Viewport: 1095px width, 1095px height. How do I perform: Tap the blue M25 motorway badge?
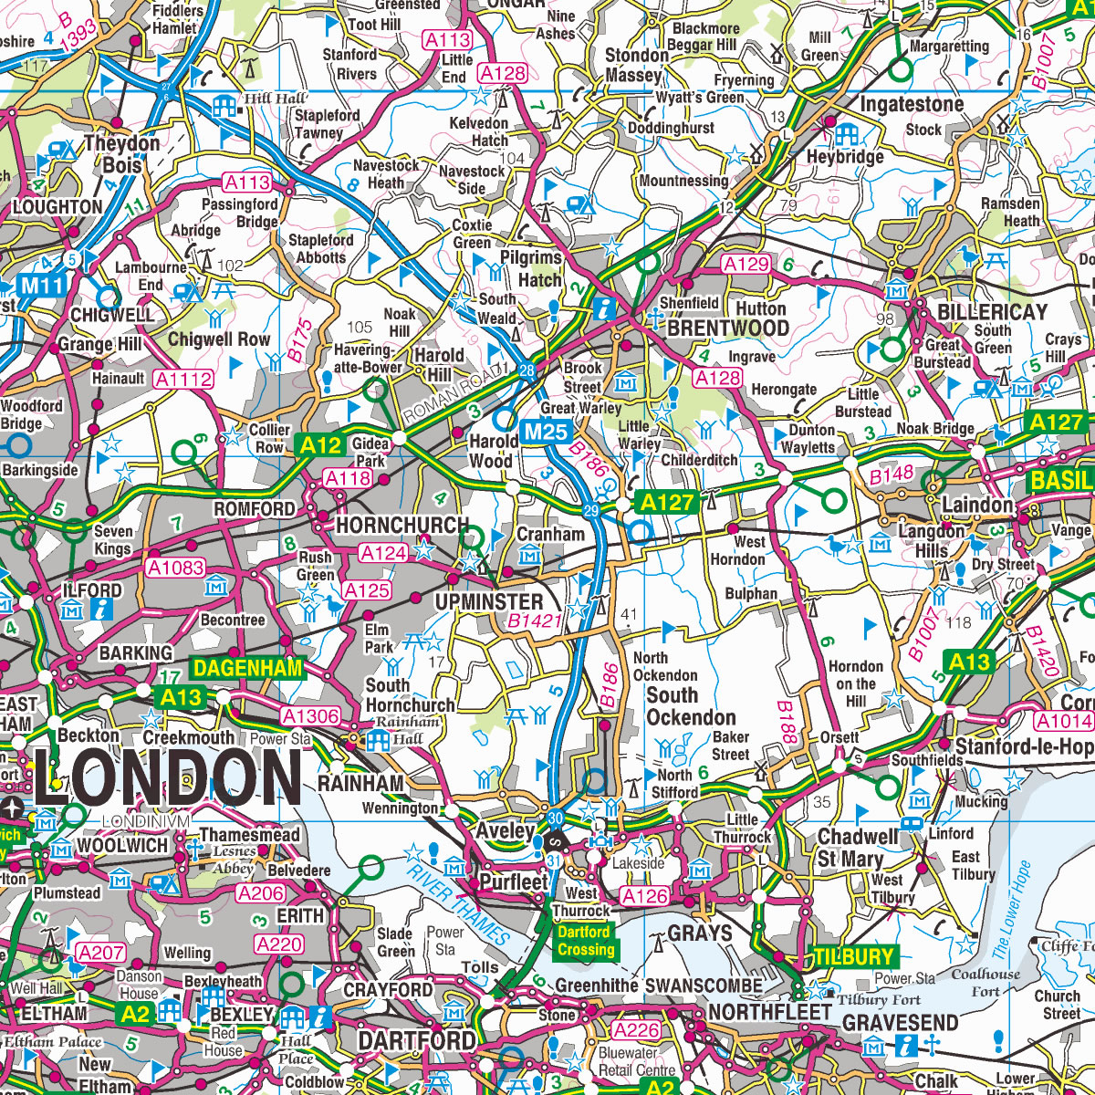tap(546, 431)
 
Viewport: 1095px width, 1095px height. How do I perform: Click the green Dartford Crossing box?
tap(584, 941)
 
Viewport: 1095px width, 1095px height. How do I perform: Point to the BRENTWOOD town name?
tap(727, 328)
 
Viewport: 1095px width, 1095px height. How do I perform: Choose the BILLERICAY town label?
tap(993, 311)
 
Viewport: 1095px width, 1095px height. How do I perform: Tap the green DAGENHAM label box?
tap(247, 668)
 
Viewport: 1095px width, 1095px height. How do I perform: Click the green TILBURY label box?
tap(853, 956)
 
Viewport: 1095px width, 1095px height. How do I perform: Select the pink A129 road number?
tap(746, 264)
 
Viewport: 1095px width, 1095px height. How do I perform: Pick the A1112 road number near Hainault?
tap(183, 379)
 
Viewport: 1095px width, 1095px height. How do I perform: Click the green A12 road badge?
tap(319, 445)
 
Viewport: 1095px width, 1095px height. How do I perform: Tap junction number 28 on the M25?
tap(527, 370)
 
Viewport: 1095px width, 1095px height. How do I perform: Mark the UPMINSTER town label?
tap(489, 602)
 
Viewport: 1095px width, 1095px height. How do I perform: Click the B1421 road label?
tap(537, 621)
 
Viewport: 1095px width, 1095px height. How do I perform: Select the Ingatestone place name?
tap(912, 104)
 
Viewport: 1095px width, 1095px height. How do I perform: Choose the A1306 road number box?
tap(310, 716)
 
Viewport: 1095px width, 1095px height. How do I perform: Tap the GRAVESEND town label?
tap(900, 1023)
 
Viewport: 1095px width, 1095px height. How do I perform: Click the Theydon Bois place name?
tap(121, 154)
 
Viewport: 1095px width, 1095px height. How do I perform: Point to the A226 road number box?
tap(636, 1030)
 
